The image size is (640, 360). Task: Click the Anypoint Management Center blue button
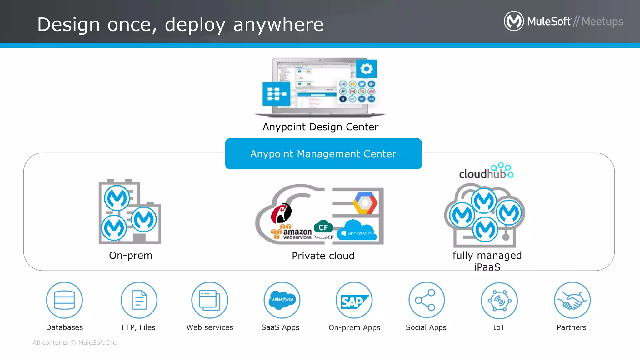coord(323,154)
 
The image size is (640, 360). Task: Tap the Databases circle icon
coord(64,300)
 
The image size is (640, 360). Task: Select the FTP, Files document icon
coord(139,300)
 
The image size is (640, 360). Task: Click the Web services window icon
coord(210,300)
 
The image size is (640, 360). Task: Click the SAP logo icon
coord(354,301)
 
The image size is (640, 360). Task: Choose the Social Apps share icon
coord(426,300)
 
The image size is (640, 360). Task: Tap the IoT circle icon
coord(499,301)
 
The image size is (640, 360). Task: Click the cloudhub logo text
coord(483,173)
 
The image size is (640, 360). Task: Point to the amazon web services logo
coord(292,232)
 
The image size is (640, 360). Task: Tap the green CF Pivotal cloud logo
coord(323,227)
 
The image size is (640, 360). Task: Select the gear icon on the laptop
coord(367,69)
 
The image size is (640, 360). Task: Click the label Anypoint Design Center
coord(320,127)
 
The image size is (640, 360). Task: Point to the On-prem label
coord(131,256)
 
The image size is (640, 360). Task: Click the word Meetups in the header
coord(602,22)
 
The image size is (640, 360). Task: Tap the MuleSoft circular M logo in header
coord(514,21)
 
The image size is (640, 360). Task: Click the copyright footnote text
coord(75,343)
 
